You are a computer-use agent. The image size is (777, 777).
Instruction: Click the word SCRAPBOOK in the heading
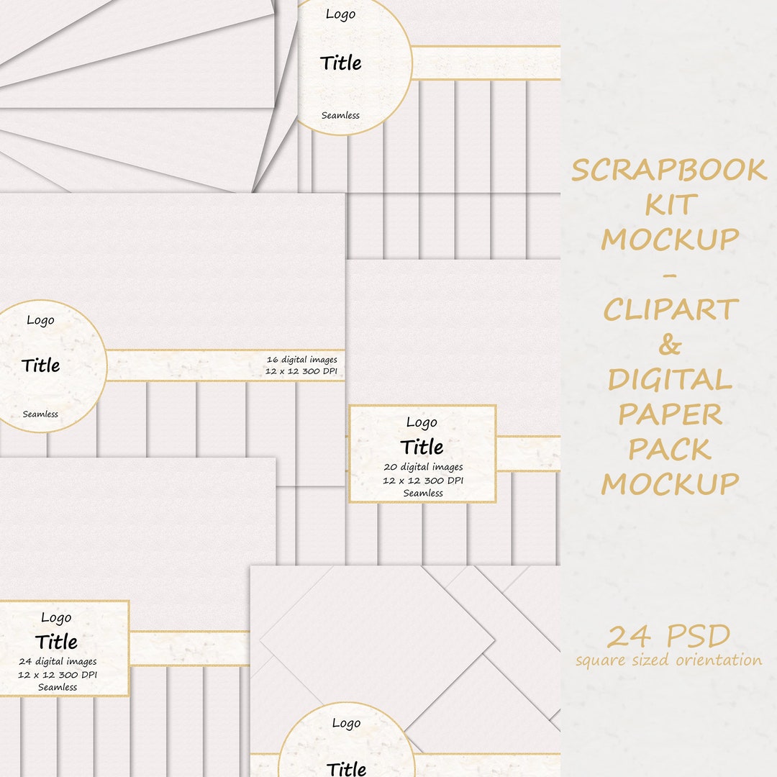[x=669, y=171]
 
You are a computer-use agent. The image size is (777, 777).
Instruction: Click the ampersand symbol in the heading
[x=670, y=345]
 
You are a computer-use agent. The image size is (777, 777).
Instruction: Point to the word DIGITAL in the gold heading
[x=670, y=380]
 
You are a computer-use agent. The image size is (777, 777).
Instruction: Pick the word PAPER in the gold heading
[x=670, y=414]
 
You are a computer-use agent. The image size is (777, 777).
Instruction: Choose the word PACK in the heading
[x=670, y=449]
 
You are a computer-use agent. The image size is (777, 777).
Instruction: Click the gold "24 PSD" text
[x=668, y=637]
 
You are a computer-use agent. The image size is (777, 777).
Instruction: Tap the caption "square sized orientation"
[x=668, y=660]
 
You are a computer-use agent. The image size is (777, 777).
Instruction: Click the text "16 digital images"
[x=301, y=360]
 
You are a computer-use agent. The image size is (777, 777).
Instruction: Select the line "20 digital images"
[x=422, y=467]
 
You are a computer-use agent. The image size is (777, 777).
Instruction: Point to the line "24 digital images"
[x=58, y=661]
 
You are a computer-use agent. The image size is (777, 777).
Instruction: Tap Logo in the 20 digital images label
[x=422, y=422]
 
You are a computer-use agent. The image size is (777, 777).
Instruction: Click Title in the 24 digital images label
[x=56, y=641]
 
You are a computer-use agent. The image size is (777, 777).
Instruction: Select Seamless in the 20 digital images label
[x=422, y=493]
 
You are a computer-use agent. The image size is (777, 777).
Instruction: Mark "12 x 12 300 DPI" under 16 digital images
[x=301, y=373]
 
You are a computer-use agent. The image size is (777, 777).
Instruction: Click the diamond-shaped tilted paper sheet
[x=378, y=636]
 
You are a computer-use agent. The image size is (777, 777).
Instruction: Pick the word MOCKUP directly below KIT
[x=670, y=240]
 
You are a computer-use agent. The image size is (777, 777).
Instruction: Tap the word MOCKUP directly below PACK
[x=670, y=483]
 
